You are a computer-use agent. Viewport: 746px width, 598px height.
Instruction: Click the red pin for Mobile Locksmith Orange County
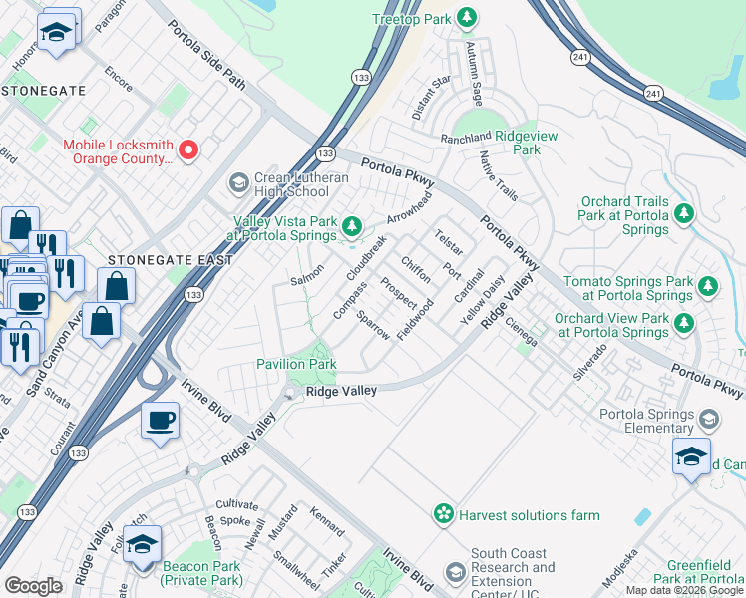pos(188,150)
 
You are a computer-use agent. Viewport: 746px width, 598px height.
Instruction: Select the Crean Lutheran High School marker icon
pos(238,182)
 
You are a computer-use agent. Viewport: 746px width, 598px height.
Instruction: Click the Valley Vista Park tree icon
pos(351,226)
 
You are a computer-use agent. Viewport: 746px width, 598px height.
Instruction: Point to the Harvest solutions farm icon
pos(443,514)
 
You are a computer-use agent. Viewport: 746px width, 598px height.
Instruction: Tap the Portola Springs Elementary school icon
pos(709,418)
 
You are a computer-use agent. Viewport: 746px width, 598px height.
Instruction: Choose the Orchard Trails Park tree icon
pos(684,213)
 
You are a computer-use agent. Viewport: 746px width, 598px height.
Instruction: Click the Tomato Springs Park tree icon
pos(707,287)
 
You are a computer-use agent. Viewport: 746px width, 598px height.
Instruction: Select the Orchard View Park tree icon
pos(684,323)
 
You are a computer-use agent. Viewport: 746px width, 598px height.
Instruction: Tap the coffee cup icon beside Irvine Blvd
pos(160,419)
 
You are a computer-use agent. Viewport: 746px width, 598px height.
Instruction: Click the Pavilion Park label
pos(296,365)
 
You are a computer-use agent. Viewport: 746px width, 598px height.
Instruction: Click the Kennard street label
pos(326,524)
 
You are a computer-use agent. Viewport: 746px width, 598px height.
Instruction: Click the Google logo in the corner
pos(33,585)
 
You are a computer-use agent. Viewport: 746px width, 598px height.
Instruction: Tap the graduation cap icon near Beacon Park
pos(142,544)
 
